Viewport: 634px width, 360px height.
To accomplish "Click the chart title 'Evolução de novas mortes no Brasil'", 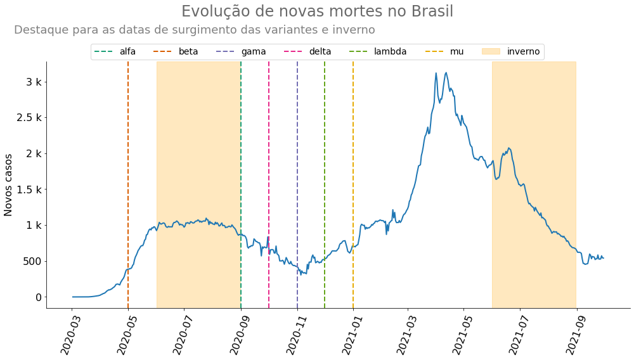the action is pyautogui.click(x=317, y=11).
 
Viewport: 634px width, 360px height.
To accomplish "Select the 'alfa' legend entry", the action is pyautogui.click(x=115, y=52).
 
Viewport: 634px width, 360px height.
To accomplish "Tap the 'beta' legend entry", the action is pyautogui.click(x=176, y=52).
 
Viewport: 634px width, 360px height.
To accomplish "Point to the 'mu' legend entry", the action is pyautogui.click(x=444, y=52).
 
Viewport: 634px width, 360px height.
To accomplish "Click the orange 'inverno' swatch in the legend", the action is pyautogui.click(x=491, y=51).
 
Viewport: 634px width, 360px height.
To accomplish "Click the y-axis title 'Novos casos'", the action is pyautogui.click(x=8, y=185).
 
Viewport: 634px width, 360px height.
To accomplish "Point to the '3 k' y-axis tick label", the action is pyautogui.click(x=34, y=82).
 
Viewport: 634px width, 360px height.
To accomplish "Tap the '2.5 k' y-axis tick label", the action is pyautogui.click(x=29, y=118).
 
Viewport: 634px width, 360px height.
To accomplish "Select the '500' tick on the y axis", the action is pyautogui.click(x=33, y=261).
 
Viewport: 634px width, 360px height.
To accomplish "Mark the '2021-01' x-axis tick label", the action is pyautogui.click(x=351, y=334).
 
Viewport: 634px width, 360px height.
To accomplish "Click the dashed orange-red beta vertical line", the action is pyautogui.click(x=128, y=185).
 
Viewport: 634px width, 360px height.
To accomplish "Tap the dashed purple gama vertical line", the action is pyautogui.click(x=297, y=185).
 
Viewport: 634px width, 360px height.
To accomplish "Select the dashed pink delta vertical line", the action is pyautogui.click(x=269, y=185).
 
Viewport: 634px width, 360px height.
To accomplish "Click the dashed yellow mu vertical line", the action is pyautogui.click(x=353, y=185).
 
